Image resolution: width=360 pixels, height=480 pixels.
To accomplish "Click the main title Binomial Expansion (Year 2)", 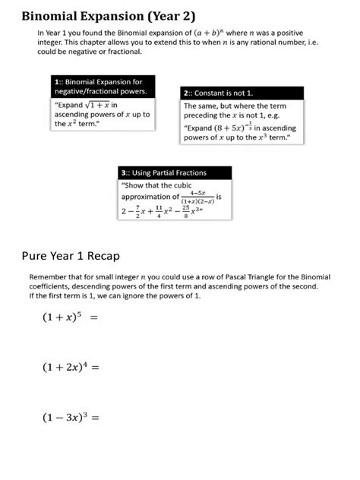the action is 107,16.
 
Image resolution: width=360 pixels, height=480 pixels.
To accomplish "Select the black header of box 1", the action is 99,86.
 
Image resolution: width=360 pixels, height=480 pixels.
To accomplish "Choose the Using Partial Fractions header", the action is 164,173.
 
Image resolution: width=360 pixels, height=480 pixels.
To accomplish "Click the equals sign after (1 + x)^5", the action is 94,319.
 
